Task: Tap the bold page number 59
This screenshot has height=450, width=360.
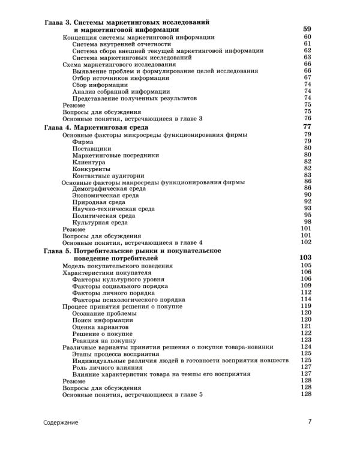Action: [307, 29]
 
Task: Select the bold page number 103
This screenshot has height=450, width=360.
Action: [305, 257]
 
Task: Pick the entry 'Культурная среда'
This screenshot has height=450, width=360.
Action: [100, 222]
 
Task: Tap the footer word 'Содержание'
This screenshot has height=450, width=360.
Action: [60, 422]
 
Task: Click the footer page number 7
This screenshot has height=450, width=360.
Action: [310, 422]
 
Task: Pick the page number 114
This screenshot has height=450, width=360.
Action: [306, 299]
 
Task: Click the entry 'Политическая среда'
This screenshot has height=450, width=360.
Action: [104, 215]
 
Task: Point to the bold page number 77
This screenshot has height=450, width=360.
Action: [307, 127]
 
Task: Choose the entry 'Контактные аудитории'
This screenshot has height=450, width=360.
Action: [106, 175]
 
